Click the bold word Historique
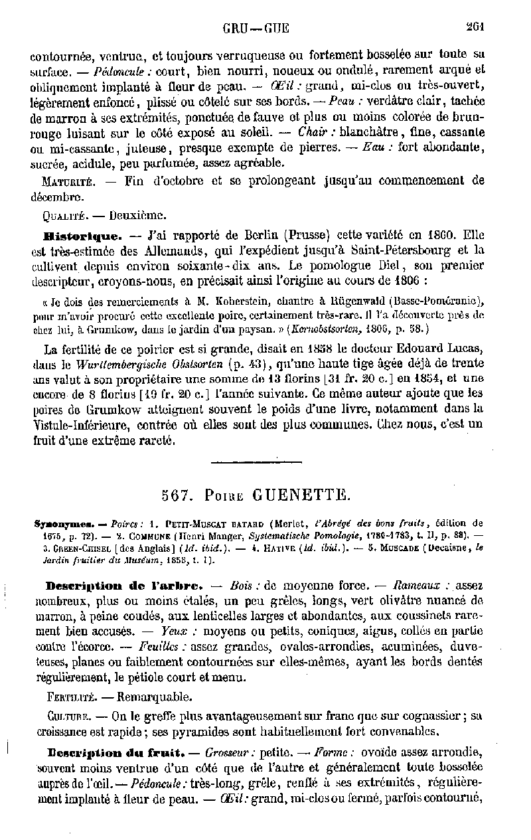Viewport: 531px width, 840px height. pos(71,235)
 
